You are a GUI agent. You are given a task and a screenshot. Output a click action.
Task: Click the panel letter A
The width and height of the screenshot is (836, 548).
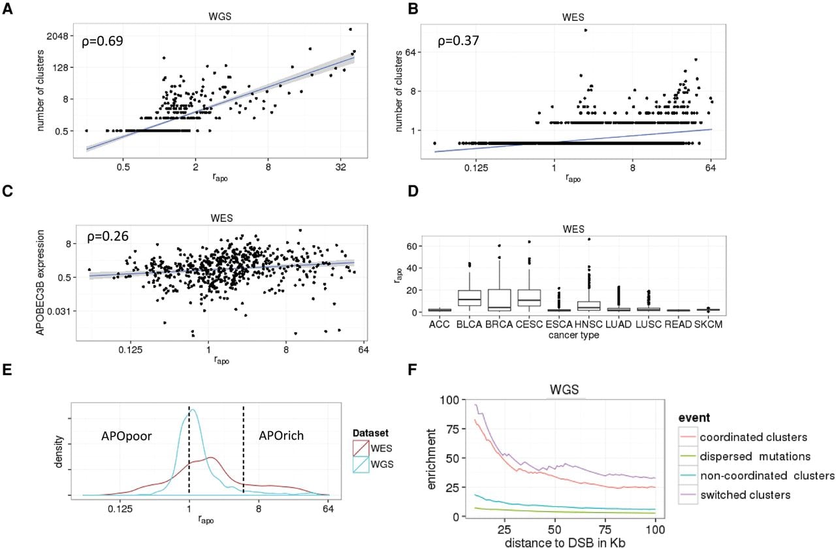7,8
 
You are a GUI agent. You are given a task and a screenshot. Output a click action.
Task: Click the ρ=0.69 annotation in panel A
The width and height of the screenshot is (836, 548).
103,41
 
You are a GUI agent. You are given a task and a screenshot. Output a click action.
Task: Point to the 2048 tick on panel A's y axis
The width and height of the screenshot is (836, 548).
57,36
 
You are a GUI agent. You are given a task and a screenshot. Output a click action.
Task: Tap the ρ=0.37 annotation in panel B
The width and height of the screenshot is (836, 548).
458,40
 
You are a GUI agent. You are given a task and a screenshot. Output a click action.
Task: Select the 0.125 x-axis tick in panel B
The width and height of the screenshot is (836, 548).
476,168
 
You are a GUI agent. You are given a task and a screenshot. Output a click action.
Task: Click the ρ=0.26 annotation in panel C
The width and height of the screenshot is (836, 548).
108,236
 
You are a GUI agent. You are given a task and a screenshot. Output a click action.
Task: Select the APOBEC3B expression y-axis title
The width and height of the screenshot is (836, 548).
40,282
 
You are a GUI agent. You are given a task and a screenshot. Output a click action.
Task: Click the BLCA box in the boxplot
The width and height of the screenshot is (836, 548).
469,298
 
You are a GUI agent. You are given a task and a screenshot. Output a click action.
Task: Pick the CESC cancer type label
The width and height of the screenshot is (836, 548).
529,324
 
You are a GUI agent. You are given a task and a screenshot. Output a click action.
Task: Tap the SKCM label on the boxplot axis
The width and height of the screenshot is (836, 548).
709,324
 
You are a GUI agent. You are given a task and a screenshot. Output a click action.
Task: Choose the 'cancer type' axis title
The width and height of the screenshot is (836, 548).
573,335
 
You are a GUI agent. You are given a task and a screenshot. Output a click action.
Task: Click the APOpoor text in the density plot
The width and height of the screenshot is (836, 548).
127,436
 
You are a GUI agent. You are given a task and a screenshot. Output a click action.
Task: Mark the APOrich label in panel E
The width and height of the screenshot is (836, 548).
281,435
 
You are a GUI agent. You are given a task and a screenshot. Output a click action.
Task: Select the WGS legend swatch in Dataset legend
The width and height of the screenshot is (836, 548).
361,464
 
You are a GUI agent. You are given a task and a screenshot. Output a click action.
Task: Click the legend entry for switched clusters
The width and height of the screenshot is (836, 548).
745,495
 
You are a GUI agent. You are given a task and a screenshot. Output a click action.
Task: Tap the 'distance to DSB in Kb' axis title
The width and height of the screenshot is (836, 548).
565,542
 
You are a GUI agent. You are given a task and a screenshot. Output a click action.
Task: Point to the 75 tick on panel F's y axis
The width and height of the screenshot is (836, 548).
453,429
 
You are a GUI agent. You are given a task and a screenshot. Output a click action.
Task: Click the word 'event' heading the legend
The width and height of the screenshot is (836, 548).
694,418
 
